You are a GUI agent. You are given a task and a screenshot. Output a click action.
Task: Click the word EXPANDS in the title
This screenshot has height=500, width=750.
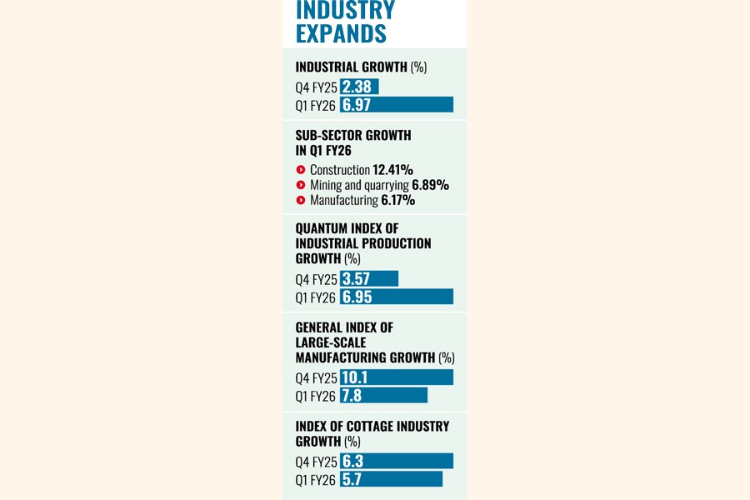(341, 33)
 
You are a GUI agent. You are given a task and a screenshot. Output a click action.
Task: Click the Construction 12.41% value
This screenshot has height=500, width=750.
(392, 169)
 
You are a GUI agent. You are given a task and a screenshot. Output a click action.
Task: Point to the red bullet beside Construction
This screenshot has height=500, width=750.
(300, 169)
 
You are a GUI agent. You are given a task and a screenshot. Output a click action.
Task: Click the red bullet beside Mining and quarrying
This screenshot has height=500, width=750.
(300, 185)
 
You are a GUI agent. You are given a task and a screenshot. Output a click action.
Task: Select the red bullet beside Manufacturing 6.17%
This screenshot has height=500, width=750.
(300, 200)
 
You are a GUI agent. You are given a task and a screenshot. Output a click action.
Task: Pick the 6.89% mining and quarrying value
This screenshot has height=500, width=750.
(430, 185)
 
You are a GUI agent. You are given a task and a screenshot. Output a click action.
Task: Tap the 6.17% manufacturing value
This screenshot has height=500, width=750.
(397, 200)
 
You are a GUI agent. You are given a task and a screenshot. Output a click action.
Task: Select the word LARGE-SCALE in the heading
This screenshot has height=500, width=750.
(331, 342)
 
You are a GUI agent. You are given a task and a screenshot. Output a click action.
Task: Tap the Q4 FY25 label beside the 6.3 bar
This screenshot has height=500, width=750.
(317, 462)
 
